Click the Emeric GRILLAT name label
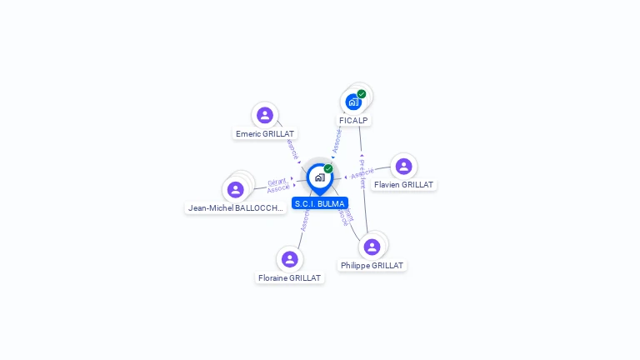[266, 133]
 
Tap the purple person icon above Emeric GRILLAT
[265, 115]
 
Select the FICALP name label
[353, 120]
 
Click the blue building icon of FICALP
[353, 102]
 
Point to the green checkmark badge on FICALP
[362, 94]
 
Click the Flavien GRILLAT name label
[403, 184]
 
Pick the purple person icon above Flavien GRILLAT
[404, 167]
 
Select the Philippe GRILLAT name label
[372, 265]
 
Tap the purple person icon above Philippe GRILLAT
[372, 247]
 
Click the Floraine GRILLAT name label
[289, 277]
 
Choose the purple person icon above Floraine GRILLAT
[289, 259]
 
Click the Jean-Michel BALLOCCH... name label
[236, 208]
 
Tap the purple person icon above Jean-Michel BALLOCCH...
[236, 190]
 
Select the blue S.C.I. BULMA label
[320, 203]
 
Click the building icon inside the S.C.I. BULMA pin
[319, 177]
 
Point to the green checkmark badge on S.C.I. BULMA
[328, 169]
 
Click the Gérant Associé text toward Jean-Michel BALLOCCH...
[277, 185]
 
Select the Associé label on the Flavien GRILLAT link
[361, 174]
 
